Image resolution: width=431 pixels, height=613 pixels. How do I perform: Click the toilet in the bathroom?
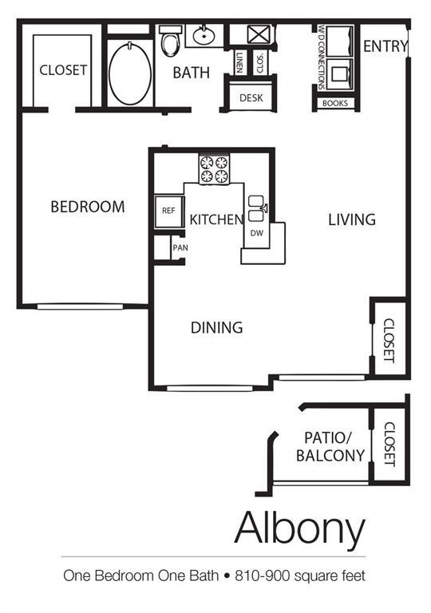[x=170, y=42]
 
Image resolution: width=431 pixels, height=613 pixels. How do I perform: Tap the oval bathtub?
[x=129, y=73]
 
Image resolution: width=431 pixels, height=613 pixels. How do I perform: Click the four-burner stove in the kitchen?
[x=213, y=169]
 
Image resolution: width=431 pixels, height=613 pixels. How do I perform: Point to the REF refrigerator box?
[x=168, y=211]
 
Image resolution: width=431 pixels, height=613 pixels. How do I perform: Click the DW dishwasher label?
[x=257, y=233]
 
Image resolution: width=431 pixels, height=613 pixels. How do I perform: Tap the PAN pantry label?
[x=180, y=248]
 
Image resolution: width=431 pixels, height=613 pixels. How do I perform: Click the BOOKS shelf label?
[x=335, y=103]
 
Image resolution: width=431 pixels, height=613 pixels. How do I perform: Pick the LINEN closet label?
[x=240, y=61]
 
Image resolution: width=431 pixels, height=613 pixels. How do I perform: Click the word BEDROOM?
[x=88, y=207]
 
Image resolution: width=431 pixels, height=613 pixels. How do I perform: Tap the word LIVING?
[x=351, y=219]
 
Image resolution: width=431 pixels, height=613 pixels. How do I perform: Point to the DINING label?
[x=216, y=327]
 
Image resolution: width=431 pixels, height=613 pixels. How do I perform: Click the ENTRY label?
[x=386, y=47]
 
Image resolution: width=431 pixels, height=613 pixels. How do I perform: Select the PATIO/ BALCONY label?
[x=330, y=446]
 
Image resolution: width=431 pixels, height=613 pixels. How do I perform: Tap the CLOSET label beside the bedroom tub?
[x=63, y=70]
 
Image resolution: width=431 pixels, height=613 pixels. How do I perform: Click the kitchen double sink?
[x=256, y=208]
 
